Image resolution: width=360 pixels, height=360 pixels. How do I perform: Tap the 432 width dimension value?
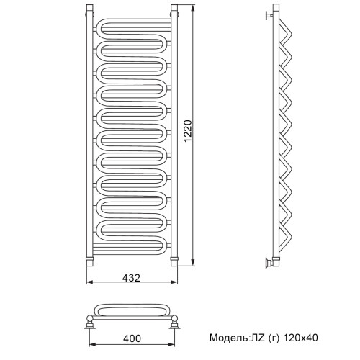click(x=130, y=278)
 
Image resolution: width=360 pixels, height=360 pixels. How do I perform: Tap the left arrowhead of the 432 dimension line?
click(x=90, y=284)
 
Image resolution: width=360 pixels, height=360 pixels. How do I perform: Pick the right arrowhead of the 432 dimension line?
click(x=173, y=284)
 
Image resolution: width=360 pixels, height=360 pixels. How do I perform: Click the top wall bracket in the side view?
click(x=270, y=14)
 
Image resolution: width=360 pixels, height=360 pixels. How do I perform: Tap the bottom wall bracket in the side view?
click(x=270, y=262)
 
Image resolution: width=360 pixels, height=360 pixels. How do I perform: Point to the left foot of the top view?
click(x=91, y=320)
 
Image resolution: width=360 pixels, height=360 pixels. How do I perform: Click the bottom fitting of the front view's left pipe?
click(x=90, y=257)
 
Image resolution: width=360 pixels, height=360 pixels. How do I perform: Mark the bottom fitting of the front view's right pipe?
click(x=173, y=257)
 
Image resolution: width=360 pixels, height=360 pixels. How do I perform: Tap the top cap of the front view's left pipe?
click(x=90, y=10)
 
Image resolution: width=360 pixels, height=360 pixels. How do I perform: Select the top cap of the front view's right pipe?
click(x=173, y=10)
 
